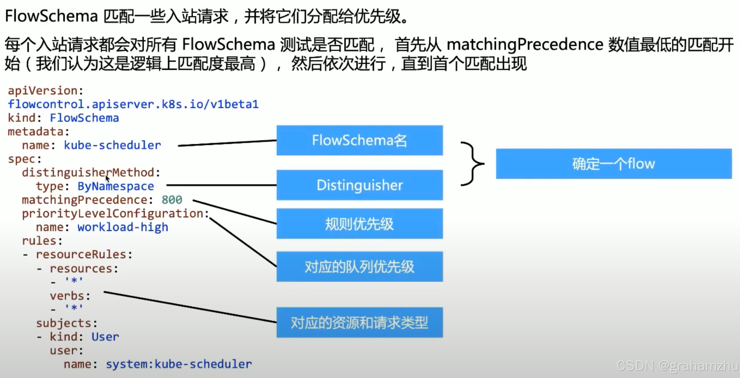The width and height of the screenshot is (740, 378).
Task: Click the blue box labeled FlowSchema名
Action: (359, 140)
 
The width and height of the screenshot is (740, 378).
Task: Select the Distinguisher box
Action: (359, 185)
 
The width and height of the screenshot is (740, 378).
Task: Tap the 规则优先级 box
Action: (359, 224)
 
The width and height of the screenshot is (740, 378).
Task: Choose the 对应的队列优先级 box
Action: (359, 267)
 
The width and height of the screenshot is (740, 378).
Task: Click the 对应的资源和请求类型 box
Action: (359, 322)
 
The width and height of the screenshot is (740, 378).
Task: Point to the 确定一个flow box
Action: (614, 164)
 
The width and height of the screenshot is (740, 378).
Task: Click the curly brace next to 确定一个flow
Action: (472, 164)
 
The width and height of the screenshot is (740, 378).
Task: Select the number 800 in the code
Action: (172, 200)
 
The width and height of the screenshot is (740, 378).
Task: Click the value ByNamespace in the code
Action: (116, 186)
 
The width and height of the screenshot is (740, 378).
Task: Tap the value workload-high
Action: (123, 227)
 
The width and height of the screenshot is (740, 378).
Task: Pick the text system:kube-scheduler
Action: (178, 364)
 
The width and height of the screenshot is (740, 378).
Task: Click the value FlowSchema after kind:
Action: (84, 118)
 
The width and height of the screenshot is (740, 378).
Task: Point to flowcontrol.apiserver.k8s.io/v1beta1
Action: (133, 104)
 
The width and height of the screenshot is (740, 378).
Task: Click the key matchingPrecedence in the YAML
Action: (84, 200)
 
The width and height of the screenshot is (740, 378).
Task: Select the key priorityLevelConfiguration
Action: (113, 213)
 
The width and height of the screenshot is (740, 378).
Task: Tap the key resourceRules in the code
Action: (81, 255)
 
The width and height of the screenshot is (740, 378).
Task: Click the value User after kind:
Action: (105, 337)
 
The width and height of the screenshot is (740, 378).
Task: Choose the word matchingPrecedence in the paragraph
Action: (525, 44)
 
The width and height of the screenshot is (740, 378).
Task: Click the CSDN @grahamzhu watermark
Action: (677, 366)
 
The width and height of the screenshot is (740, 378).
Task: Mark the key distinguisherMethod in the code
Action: (88, 173)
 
